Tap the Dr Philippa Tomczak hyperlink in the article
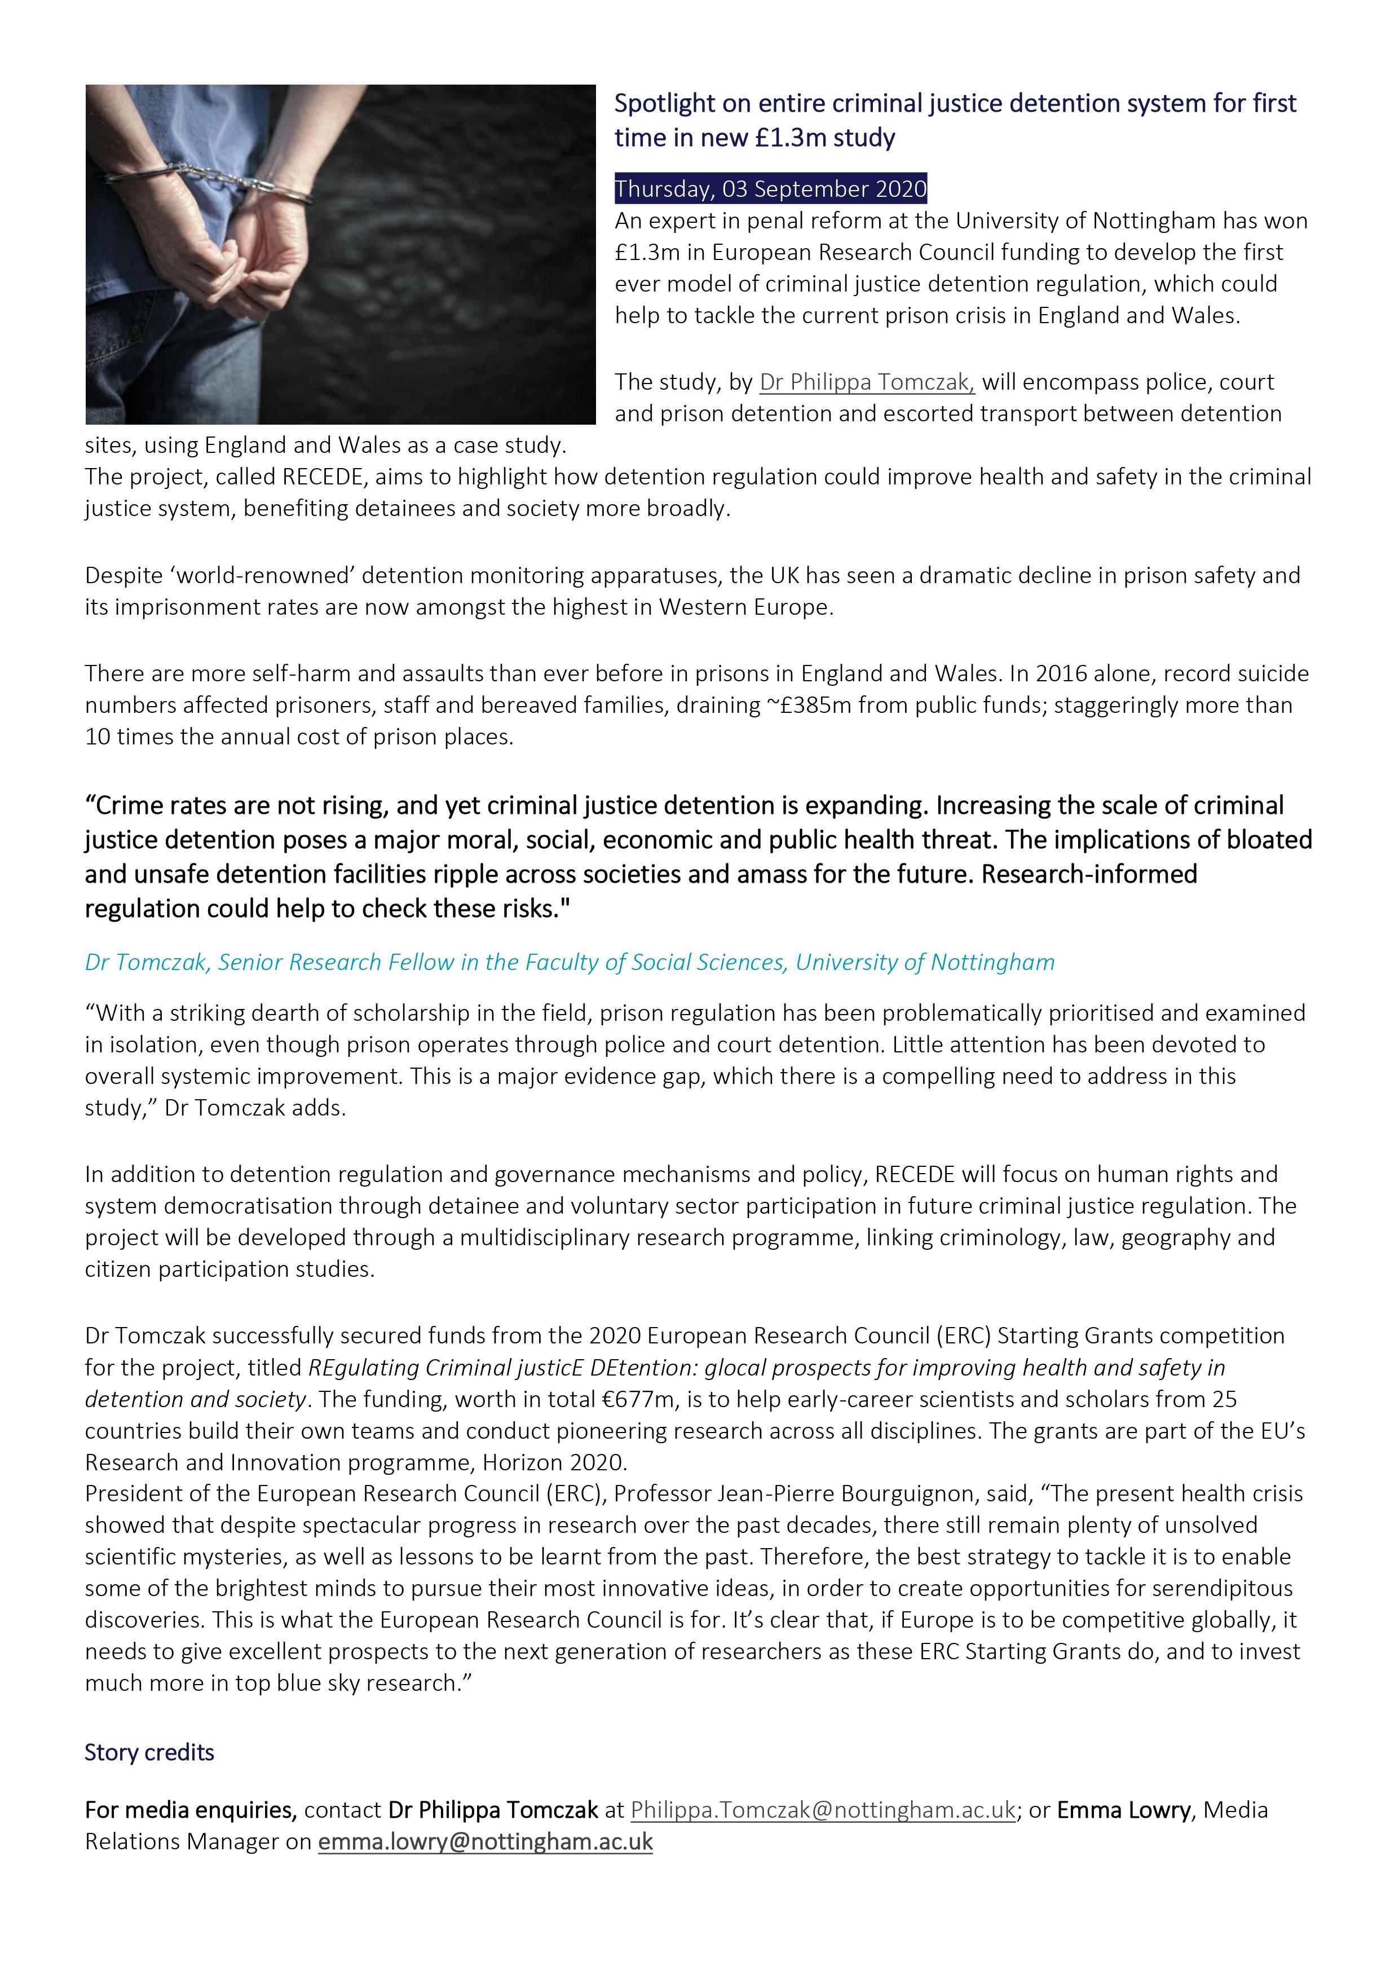[x=866, y=382]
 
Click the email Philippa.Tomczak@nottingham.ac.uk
[x=823, y=1810]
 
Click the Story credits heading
[x=149, y=1752]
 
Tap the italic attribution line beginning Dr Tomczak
[x=569, y=963]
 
